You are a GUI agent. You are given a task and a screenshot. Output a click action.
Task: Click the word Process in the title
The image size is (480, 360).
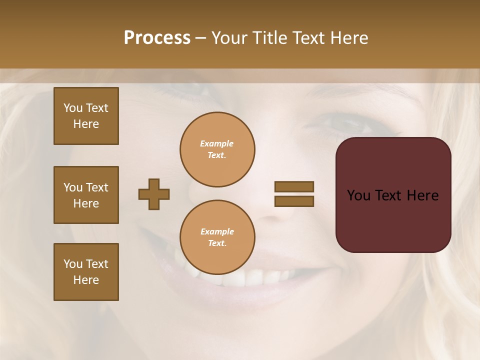click(157, 38)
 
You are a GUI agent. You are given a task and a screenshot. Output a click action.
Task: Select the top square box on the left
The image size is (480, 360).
click(86, 116)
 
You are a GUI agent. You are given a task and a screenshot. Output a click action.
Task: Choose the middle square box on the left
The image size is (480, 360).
click(86, 195)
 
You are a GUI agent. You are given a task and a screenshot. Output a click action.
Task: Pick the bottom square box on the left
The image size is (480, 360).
click(86, 272)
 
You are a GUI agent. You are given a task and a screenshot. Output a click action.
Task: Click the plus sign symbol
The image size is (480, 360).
click(154, 194)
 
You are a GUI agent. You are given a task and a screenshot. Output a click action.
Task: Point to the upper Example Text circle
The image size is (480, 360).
click(217, 149)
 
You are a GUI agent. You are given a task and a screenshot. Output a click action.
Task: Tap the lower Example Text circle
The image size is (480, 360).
click(217, 237)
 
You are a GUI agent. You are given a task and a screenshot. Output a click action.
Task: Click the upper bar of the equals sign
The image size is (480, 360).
click(294, 186)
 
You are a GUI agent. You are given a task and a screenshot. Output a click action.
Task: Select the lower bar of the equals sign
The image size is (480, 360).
click(294, 201)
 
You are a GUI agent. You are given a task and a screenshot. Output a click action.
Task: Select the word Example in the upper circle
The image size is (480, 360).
click(217, 143)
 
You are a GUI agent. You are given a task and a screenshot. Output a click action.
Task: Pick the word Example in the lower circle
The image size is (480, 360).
click(217, 231)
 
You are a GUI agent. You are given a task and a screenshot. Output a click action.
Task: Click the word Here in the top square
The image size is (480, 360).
click(86, 124)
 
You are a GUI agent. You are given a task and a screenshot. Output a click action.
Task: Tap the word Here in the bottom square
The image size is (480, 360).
click(86, 280)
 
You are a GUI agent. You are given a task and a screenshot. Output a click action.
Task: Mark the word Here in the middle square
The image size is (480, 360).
click(86, 203)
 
